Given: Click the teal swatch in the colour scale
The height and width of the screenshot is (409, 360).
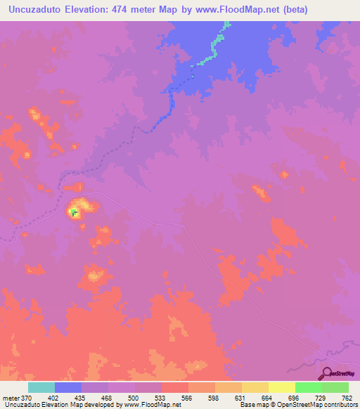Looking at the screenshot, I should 41,387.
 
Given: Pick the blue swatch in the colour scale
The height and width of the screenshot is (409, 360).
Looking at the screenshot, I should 68,387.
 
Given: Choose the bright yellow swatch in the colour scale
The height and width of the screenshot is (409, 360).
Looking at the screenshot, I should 281,387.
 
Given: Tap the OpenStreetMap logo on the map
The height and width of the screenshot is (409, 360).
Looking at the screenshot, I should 337,375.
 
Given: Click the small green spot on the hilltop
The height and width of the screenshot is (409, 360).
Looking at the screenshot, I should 74,210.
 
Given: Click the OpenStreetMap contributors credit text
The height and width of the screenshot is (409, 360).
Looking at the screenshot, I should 316,405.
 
